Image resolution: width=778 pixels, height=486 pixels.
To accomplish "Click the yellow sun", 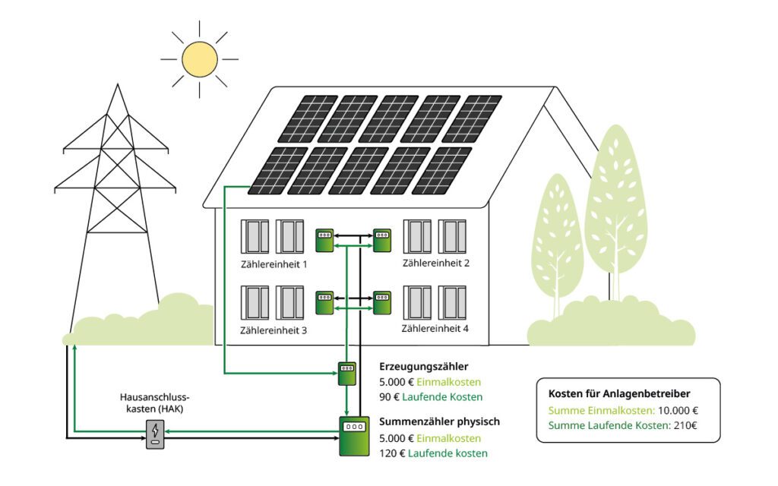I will pos(200,59).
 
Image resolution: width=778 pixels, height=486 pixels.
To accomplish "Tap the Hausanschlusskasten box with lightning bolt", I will pos(155,434).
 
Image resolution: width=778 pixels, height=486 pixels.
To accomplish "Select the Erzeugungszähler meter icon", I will pos(346,374).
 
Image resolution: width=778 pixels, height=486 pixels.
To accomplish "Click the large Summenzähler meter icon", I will pos(353,435).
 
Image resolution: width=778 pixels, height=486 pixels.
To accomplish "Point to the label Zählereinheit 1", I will pos(274,265).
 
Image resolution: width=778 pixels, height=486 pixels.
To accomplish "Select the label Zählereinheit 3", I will pos(274,331).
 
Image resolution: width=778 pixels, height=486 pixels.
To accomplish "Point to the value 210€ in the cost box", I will pos(684,425).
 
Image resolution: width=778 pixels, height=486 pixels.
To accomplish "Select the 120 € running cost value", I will pos(392,453).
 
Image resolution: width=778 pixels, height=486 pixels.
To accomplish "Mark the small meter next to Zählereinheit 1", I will pos(325,240).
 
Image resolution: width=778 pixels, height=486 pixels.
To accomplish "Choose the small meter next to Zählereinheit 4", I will pos(381,303).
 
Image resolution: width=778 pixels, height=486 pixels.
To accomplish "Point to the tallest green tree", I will pos(615,205).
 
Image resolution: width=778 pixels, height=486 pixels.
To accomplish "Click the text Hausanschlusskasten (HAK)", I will pos(154,402).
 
